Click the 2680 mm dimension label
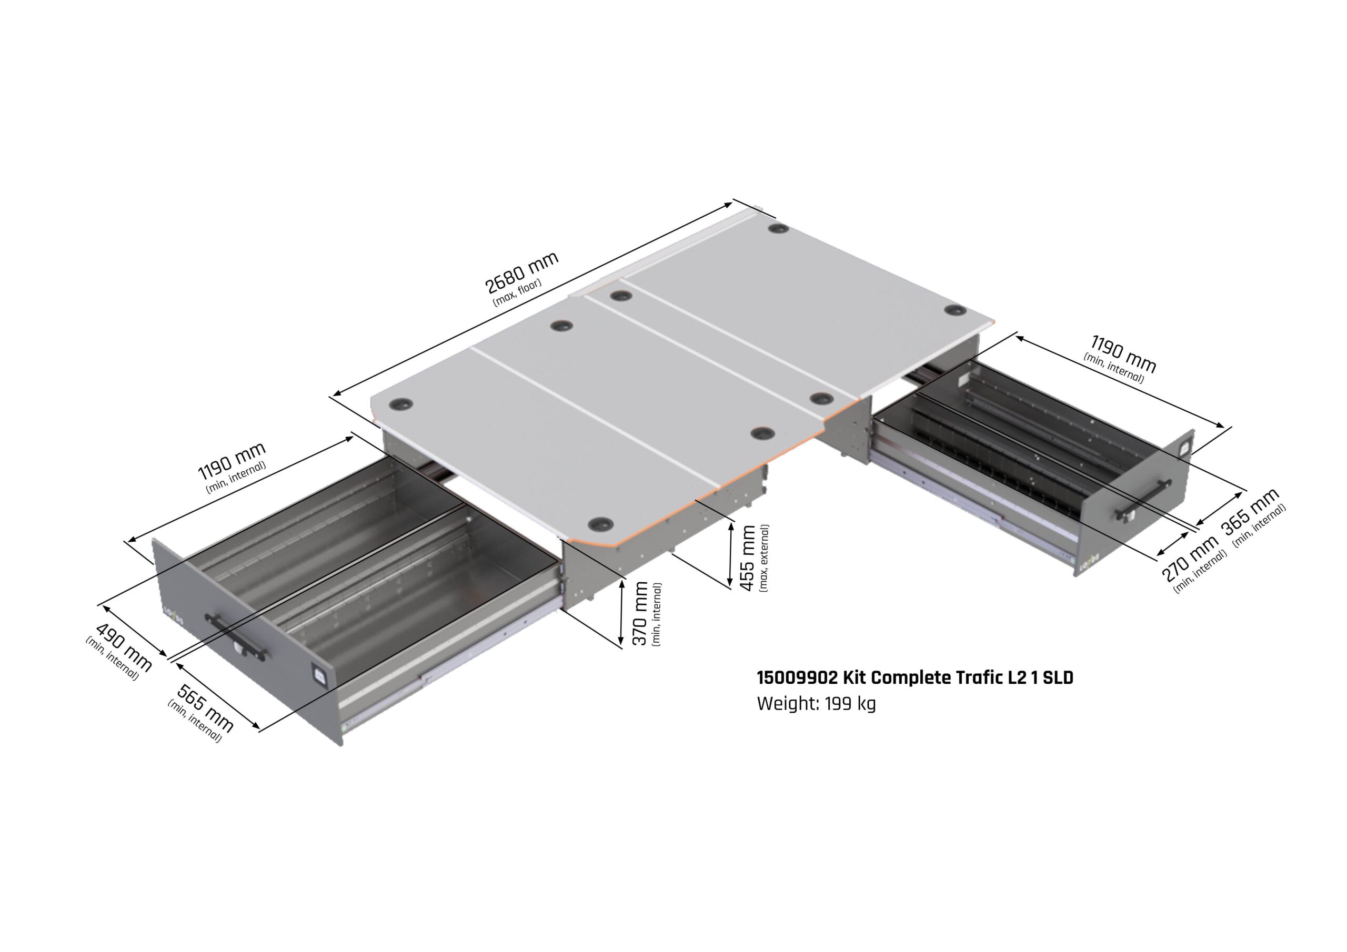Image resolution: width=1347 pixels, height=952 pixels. pyautogui.click(x=521, y=272)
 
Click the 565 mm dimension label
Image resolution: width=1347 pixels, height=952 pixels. pyautogui.click(x=205, y=708)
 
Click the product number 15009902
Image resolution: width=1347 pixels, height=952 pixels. pyautogui.click(x=797, y=678)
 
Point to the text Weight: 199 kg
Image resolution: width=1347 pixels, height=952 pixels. pyautogui.click(x=816, y=703)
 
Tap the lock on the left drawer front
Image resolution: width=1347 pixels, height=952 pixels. pyautogui.click(x=320, y=675)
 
